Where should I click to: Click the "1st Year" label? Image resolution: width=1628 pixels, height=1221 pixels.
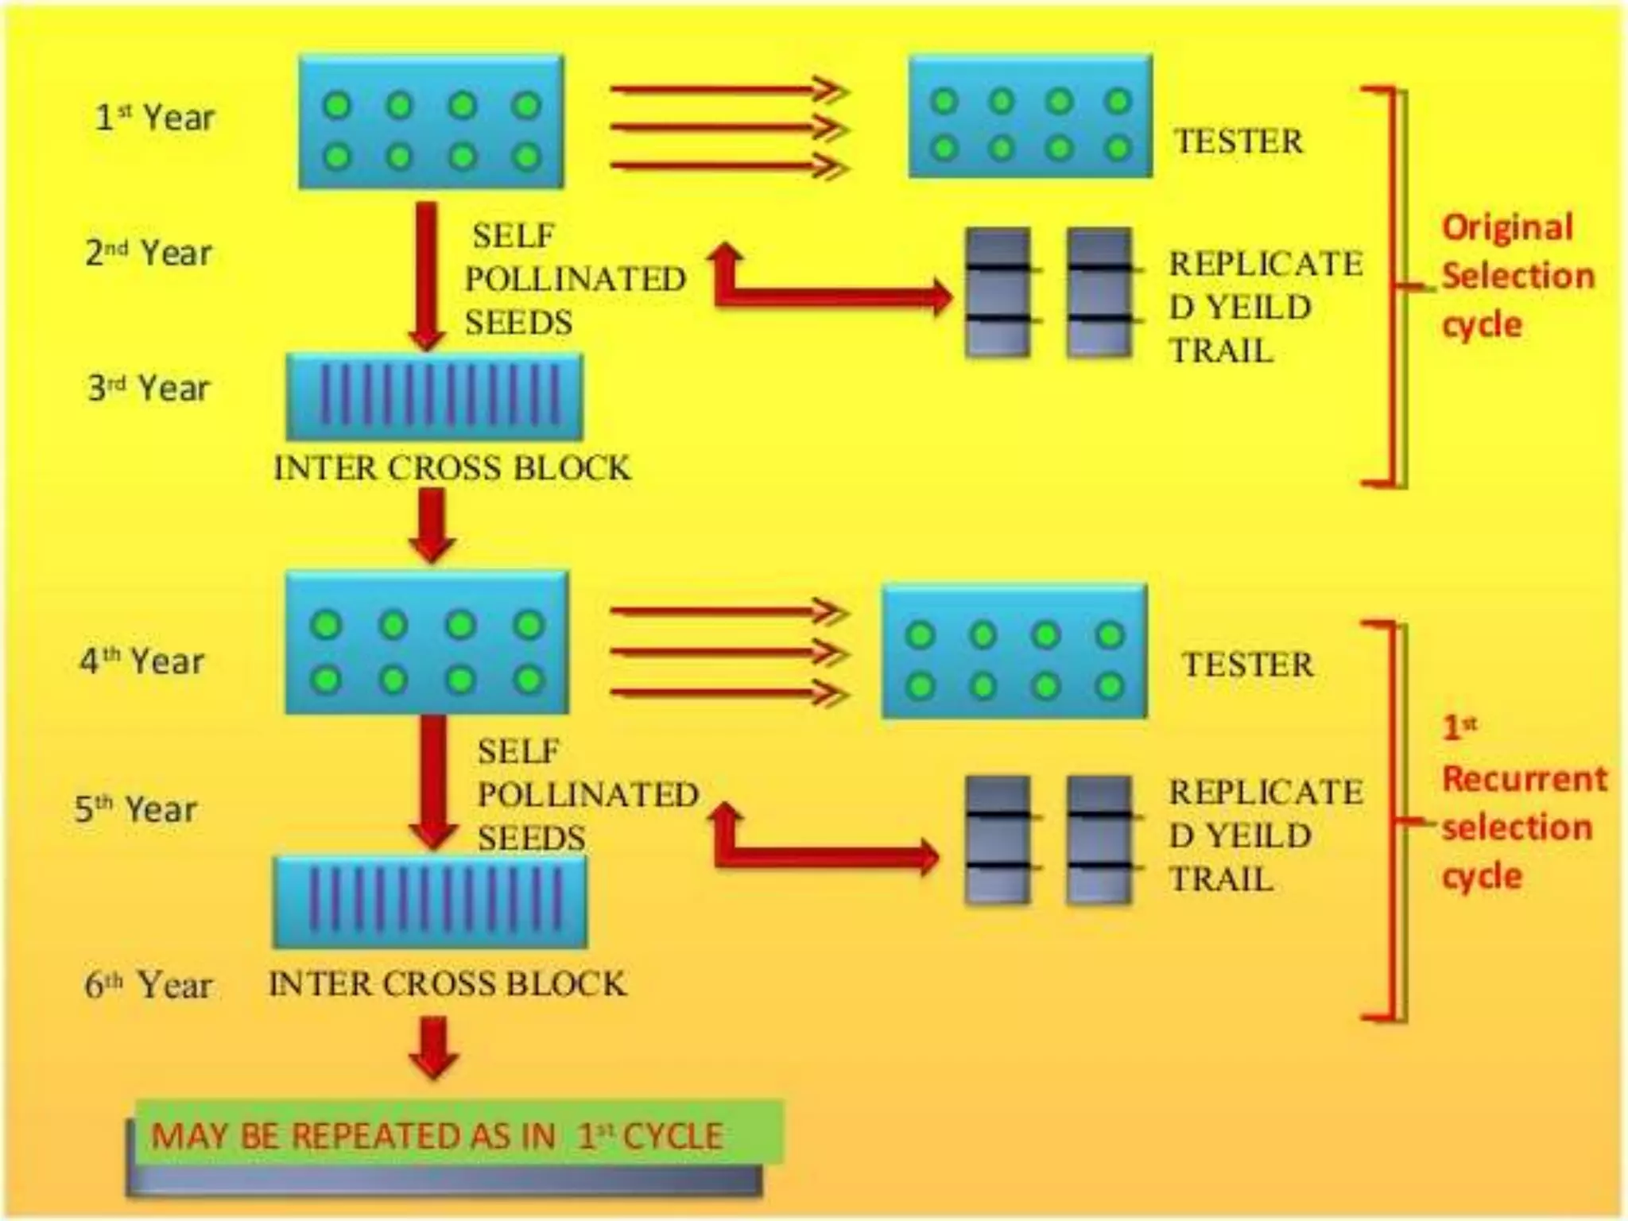155,118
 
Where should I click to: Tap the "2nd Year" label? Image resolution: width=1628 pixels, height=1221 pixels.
149,253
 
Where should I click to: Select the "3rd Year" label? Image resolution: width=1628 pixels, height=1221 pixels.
149,388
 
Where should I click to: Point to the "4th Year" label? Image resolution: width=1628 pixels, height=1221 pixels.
142,661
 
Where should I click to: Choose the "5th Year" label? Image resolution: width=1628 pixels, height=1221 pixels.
136,809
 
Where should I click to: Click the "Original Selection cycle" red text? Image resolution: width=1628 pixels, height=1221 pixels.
1517,276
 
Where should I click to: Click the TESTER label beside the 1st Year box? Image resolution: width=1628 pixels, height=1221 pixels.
1238,141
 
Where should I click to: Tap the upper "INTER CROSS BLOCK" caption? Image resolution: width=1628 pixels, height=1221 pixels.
452,467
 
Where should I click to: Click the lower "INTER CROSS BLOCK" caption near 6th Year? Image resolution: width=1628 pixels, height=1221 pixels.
448,984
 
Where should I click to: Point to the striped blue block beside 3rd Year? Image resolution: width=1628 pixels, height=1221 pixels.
434,396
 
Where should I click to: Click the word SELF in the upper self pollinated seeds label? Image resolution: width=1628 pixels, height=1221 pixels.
514,235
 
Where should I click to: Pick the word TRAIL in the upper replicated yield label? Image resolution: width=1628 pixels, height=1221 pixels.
1221,351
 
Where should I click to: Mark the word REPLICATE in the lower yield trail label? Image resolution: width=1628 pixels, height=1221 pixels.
1266,792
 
